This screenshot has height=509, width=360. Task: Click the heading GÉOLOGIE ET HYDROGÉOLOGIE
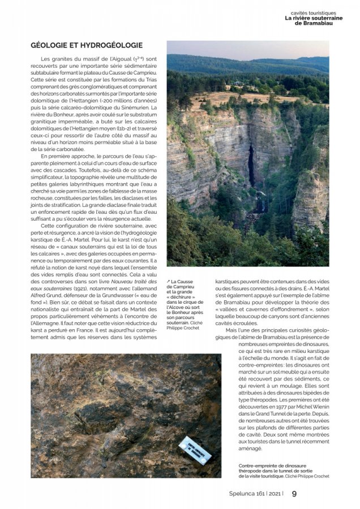(86, 45)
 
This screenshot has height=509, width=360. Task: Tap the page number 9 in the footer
(294, 493)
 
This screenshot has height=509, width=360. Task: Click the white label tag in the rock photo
(195, 451)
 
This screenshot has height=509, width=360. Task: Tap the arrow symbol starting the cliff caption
(169, 282)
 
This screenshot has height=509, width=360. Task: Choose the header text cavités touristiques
(321, 12)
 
